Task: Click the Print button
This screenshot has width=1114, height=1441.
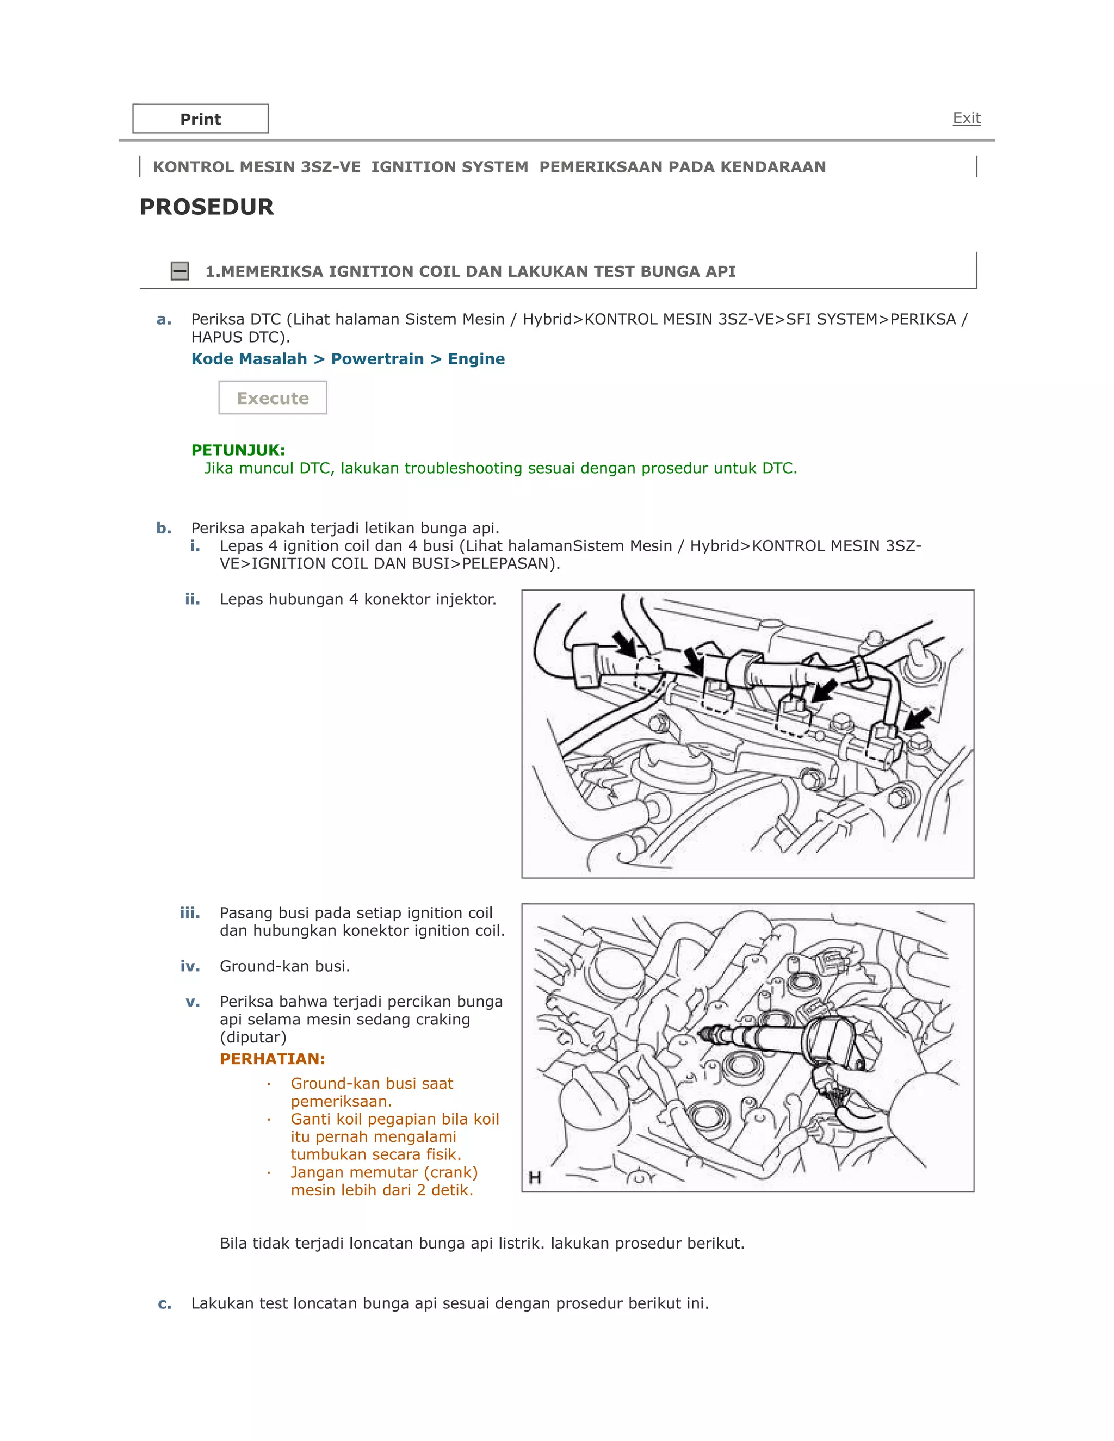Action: point(200,119)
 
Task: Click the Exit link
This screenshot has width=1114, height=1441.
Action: point(966,118)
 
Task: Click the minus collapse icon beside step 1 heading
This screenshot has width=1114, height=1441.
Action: point(180,271)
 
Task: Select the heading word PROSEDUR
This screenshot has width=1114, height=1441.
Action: point(207,207)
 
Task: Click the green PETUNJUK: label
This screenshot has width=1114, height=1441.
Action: point(238,450)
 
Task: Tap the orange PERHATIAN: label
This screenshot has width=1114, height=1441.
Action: point(272,1059)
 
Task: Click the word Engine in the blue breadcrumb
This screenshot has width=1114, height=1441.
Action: point(476,359)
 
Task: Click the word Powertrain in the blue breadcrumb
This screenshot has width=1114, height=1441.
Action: point(377,359)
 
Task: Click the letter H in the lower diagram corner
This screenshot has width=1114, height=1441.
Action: point(535,1178)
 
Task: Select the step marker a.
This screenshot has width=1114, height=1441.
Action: point(164,319)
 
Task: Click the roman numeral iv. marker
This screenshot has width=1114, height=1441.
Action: point(190,967)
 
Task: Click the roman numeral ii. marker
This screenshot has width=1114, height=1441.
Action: point(192,599)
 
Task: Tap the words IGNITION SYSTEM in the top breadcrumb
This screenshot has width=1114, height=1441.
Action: point(449,167)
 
